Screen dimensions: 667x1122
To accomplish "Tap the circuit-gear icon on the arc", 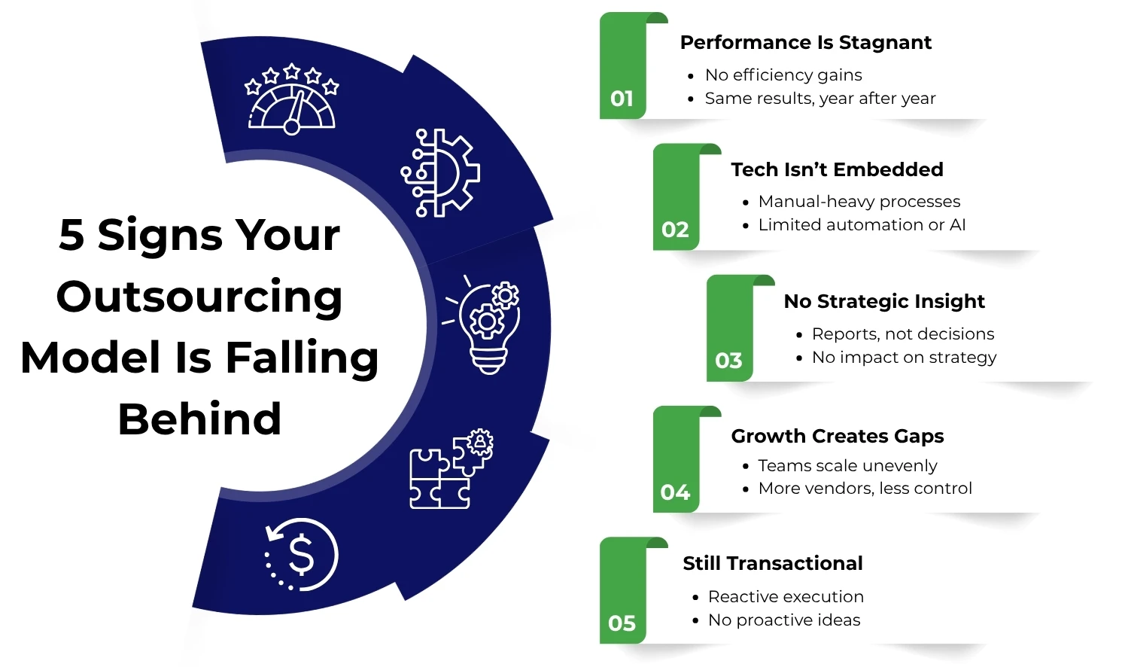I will pos(440,173).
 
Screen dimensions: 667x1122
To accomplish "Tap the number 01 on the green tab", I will pos(622,99).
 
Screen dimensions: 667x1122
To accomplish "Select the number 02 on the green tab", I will pos(675,230).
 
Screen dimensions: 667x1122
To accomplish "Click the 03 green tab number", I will pos(728,361).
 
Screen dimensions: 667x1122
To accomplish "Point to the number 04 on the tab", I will pos(675,492).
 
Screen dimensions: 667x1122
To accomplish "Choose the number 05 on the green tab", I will pos(622,623).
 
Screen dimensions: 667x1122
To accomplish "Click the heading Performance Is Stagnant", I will pos(805,43).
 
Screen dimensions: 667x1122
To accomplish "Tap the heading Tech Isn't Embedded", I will pos(837,169).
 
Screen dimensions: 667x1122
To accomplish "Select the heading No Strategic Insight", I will pos(883,301).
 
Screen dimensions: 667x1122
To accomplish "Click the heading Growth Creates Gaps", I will pos(837,436).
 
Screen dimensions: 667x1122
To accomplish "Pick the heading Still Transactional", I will pos(772,563).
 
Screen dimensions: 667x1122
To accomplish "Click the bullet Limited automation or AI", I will pos(861,225).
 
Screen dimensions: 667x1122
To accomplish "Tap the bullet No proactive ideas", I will pos(783,620).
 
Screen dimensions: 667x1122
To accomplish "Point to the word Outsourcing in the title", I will pos(199,296).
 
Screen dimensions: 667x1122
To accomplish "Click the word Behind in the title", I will pos(199,419).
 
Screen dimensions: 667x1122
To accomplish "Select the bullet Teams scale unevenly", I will pos(847,466).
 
